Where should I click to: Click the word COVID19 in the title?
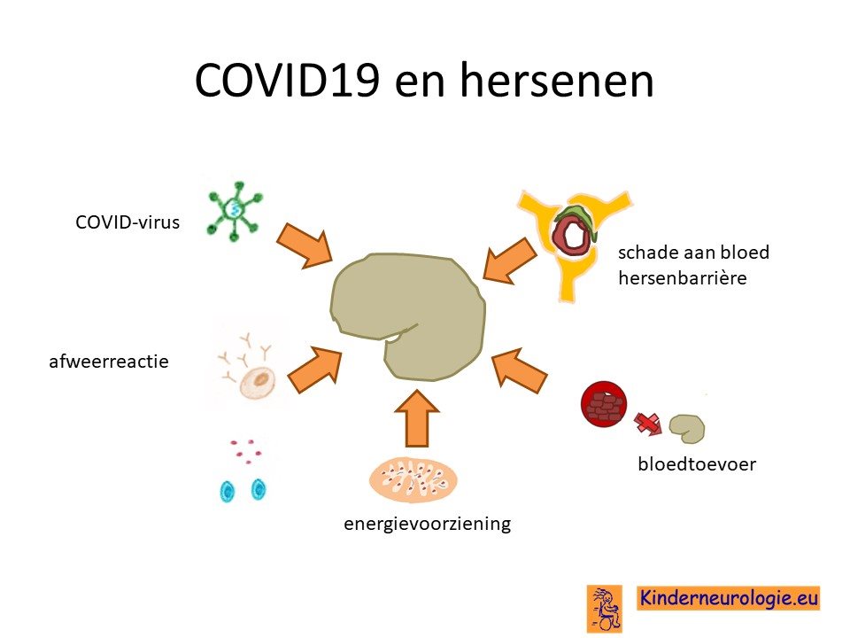coord(287,80)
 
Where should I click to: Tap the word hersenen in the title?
coord(557,80)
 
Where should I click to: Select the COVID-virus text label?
coord(127,222)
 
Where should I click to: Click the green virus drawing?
coord(235,210)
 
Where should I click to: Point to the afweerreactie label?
coord(108,362)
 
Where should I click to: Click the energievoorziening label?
coord(427,524)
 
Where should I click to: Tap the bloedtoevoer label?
coord(697,464)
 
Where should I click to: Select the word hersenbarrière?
coord(683,278)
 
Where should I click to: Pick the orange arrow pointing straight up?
coord(417,417)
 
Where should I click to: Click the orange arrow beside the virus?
coord(304,245)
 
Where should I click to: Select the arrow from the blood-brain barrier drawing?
coord(509,261)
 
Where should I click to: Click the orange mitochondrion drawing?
coord(413,480)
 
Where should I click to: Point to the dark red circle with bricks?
coord(603,405)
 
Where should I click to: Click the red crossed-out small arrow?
coord(648,424)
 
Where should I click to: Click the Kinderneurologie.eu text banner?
coord(728,598)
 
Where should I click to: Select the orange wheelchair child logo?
coord(605,608)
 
